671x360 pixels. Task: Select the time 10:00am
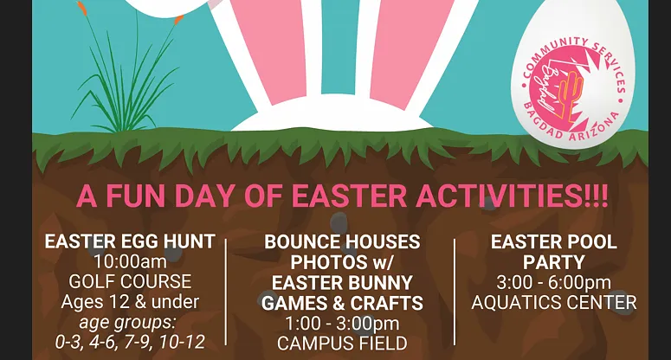tap(130, 261)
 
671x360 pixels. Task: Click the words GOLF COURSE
tap(130, 282)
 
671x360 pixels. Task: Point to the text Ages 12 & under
tap(130, 302)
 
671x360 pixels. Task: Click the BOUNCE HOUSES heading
tap(342, 242)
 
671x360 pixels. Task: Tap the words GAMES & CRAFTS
tap(342, 303)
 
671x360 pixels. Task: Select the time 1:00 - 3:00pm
tap(342, 324)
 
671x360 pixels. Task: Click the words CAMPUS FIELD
tap(342, 344)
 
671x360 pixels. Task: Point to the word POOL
tap(592, 242)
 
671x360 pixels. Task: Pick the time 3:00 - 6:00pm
tap(554, 283)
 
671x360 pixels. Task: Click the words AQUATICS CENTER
tap(554, 303)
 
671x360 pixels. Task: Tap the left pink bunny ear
tap(270, 47)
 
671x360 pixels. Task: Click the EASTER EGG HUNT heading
tap(130, 241)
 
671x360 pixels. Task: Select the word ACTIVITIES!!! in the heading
tap(512, 196)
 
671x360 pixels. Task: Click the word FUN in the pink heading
tap(135, 196)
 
